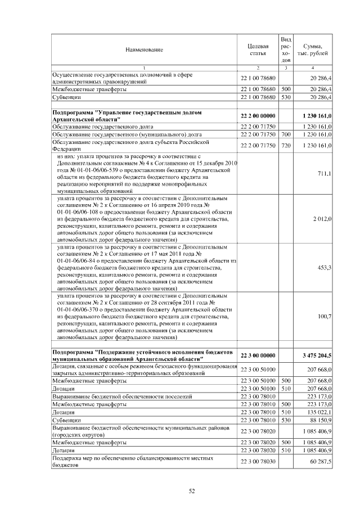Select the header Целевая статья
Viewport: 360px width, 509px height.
258,49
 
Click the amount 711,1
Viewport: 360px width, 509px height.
325,173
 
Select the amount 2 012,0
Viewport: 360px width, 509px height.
322,218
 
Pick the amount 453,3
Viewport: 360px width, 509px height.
325,268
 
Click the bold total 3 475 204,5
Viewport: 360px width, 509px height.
317,355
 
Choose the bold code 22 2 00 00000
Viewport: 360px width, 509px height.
258,116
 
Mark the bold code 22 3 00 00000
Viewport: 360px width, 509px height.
258,355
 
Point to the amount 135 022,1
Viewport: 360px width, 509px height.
319,412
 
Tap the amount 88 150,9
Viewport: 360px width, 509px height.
320,420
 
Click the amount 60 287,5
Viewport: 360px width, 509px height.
320,462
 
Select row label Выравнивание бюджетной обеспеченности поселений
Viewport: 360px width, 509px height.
122,397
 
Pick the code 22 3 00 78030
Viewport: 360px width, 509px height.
258,462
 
